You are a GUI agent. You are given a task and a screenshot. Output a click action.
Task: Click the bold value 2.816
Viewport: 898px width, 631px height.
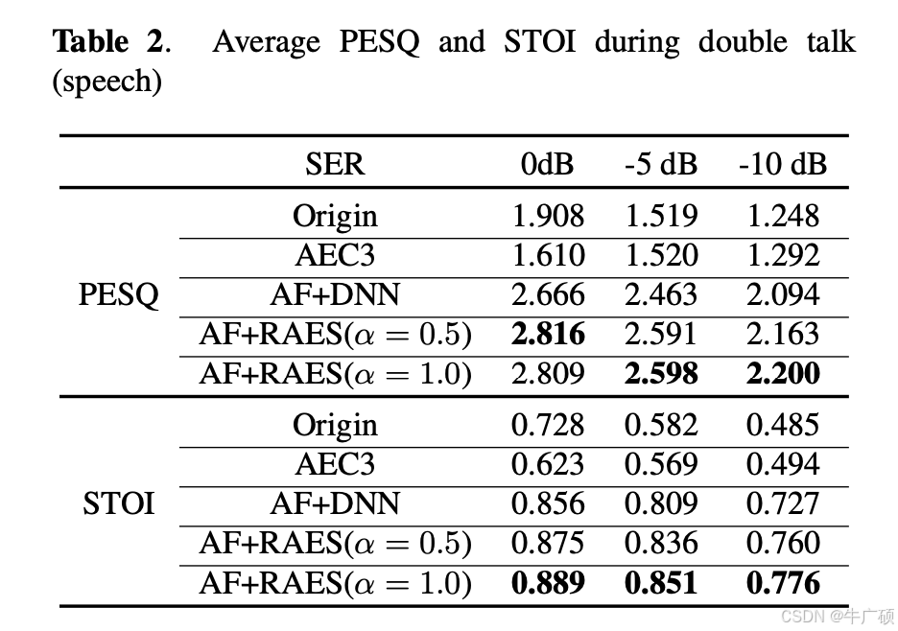[548, 335]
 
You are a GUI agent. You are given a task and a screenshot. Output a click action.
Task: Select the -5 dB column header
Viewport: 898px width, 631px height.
[661, 164]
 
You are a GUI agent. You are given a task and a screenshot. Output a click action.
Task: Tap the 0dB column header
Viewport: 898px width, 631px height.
[548, 164]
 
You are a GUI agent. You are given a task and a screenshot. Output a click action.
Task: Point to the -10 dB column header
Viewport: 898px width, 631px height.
[782, 164]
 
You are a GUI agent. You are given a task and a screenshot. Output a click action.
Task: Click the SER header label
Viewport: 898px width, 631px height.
[336, 164]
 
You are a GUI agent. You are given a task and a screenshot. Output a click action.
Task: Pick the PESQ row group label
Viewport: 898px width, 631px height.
[119, 295]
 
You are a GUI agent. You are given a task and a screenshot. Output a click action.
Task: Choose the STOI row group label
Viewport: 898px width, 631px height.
[119, 503]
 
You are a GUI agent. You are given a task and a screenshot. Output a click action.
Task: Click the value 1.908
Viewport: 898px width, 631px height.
[548, 217]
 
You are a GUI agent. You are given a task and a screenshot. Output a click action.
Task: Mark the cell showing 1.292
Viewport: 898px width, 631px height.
[783, 256]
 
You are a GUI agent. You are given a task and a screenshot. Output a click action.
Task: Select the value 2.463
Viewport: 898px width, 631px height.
[661, 295]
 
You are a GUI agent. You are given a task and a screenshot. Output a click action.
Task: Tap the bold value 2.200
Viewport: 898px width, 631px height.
[783, 374]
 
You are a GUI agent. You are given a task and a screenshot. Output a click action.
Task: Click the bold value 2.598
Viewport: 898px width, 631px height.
[661, 374]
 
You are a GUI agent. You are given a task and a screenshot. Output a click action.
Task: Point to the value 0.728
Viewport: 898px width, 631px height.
[548, 425]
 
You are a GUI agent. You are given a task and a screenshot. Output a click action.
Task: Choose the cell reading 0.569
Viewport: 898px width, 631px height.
[661, 464]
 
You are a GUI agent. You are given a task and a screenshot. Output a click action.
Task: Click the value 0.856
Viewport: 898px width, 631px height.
[548, 503]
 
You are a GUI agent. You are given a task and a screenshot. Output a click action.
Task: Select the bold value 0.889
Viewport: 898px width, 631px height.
[548, 582]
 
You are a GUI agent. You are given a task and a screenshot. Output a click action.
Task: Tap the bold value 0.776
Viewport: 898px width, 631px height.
[783, 582]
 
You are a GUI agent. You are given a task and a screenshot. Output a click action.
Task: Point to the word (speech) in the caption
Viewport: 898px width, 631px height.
[106, 82]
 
